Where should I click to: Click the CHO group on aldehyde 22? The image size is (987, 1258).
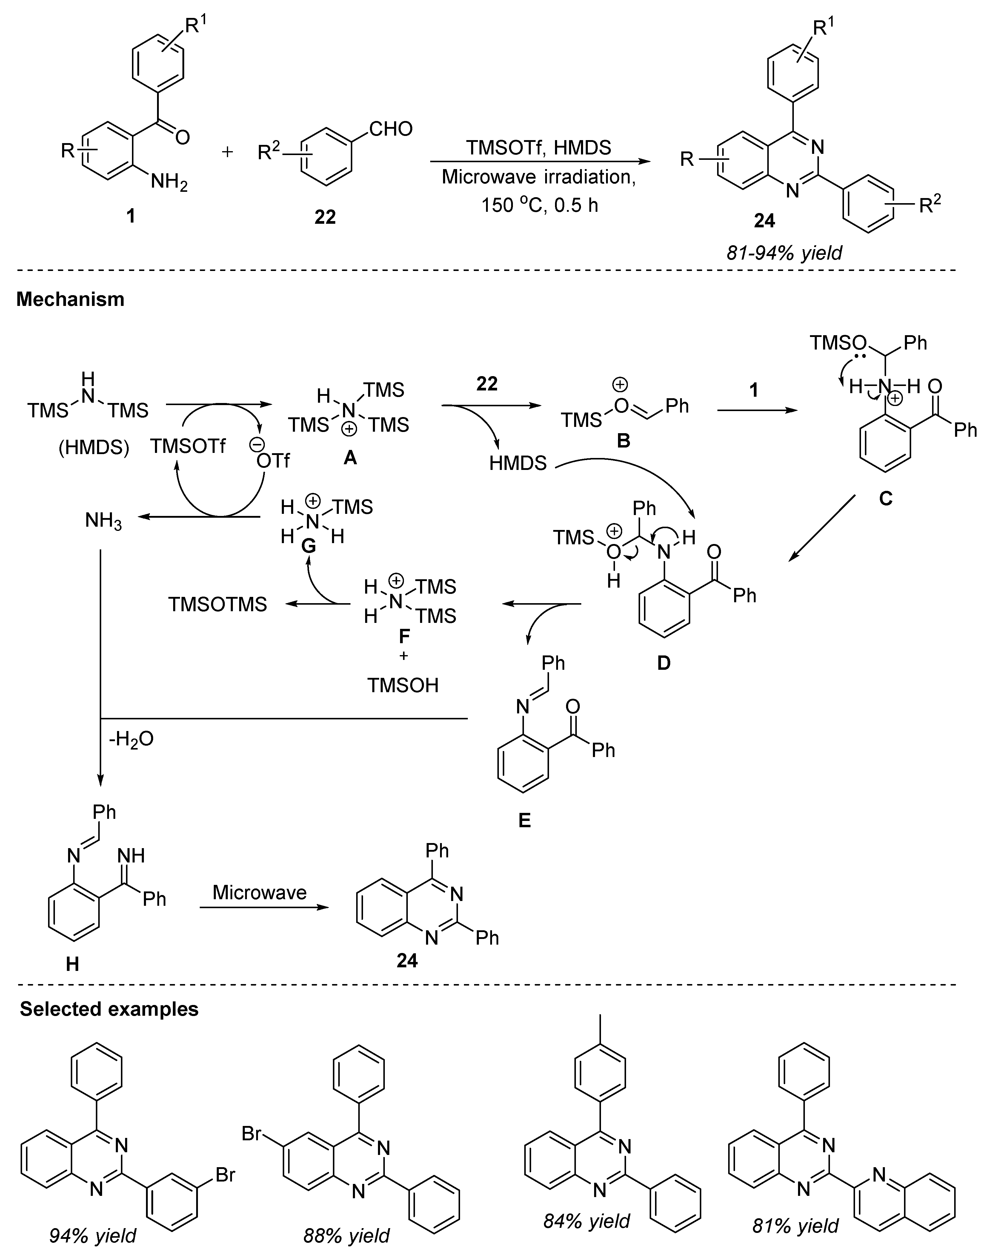[x=391, y=128]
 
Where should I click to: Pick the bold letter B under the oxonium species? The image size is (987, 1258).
[x=624, y=441]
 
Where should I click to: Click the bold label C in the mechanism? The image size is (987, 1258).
[x=885, y=497]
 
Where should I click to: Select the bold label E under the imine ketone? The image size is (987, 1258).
[x=524, y=820]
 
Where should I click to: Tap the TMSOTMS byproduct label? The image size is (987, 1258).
[x=218, y=604]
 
